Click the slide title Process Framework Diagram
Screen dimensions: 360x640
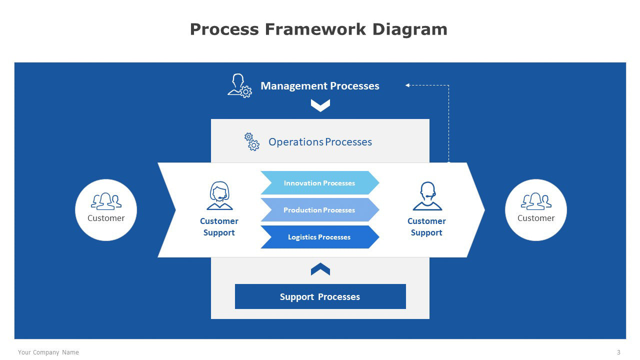pos(318,29)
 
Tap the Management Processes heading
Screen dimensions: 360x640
pos(319,86)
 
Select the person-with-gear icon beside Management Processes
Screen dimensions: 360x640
pos(239,85)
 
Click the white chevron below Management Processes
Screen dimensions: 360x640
pos(320,105)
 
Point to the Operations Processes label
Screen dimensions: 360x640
pos(320,142)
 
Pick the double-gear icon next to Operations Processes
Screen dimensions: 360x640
pos(251,142)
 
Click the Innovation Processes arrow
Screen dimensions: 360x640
pos(319,183)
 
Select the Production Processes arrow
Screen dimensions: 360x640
pos(319,210)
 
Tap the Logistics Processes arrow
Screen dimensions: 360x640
pos(319,237)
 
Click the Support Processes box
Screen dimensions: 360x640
pos(320,296)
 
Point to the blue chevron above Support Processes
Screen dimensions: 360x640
pos(320,269)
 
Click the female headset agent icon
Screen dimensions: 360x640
pos(219,196)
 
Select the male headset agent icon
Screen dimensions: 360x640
pos(427,196)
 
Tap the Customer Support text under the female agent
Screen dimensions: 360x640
pos(219,227)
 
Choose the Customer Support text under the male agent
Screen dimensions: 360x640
pos(426,227)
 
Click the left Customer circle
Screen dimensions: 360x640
pos(106,210)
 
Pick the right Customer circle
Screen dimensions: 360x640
pos(536,210)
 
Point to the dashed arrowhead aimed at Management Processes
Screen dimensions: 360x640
pos(407,85)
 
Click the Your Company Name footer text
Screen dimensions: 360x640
pos(48,352)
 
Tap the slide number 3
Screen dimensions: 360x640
pos(618,352)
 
